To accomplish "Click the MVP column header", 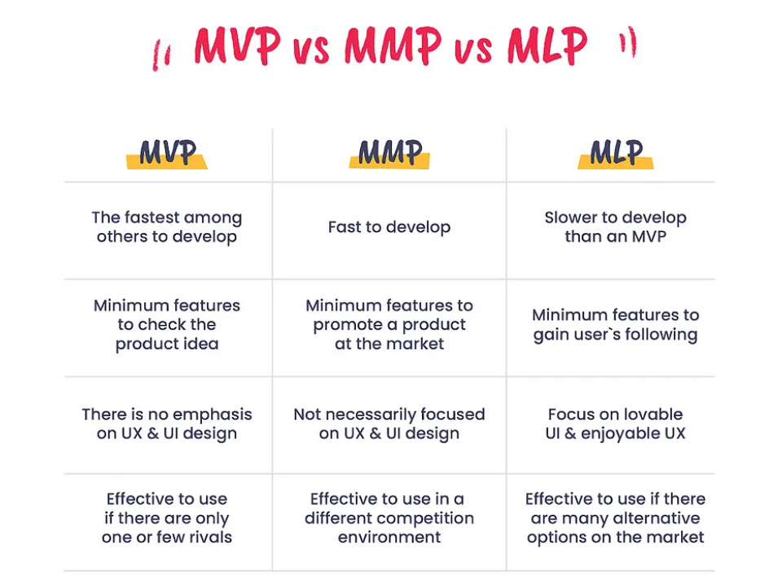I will (167, 152).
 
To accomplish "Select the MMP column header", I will (389, 152).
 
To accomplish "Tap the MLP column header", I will (617, 152).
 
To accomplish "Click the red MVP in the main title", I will (237, 47).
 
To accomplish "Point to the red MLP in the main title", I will (547, 47).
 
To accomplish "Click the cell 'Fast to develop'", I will (389, 227).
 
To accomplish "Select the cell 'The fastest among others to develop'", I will (167, 227).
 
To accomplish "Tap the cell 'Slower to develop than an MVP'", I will (616, 227).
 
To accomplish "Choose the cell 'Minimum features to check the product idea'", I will (167, 324).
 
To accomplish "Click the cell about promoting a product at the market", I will (389, 324).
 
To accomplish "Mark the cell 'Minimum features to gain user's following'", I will (616, 324).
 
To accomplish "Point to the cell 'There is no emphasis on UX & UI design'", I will (167, 424).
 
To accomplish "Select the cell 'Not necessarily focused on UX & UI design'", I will (389, 424).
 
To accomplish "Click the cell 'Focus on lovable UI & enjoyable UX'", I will (616, 424).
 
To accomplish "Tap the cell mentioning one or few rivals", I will (167, 518).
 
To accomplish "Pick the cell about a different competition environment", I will (389, 518).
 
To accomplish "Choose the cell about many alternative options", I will (616, 518).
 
